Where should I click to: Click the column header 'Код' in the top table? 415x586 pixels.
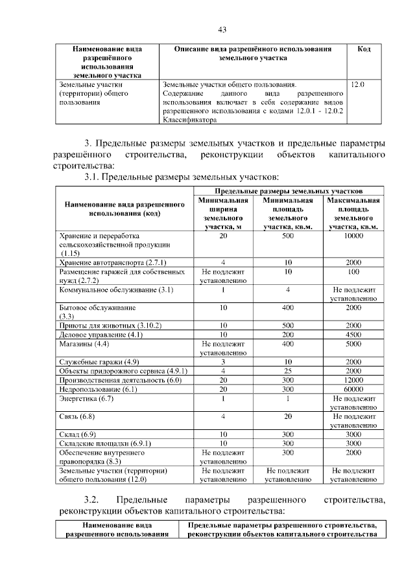[364, 49]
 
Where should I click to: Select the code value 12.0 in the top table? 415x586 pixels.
[358, 84]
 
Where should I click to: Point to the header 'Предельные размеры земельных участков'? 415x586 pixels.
[289, 192]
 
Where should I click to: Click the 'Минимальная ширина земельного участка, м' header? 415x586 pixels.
[222, 214]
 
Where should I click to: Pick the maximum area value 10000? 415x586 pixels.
[353, 236]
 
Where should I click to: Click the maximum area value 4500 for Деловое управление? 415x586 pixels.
[353, 335]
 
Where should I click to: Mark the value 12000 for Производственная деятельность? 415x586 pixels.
[353, 380]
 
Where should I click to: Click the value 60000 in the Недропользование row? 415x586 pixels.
[353, 389]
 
